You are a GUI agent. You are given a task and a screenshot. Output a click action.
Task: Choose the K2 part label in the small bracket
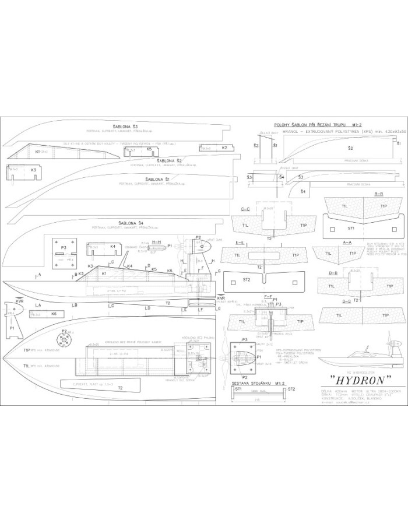tap(224, 148)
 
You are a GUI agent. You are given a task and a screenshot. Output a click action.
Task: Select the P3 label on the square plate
tap(63, 248)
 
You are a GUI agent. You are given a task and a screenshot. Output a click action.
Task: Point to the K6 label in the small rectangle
tap(54, 314)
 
